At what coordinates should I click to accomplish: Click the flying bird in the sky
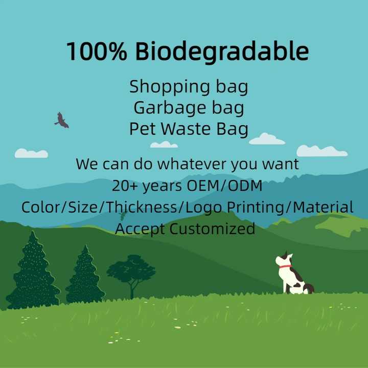click(61, 121)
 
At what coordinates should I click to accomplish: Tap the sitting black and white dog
click(291, 275)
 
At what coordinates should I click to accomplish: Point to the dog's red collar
click(285, 266)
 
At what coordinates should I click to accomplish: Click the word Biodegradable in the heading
click(222, 52)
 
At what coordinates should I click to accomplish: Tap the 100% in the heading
click(98, 52)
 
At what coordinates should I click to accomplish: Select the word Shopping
click(166, 87)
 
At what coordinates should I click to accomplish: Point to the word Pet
click(142, 129)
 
